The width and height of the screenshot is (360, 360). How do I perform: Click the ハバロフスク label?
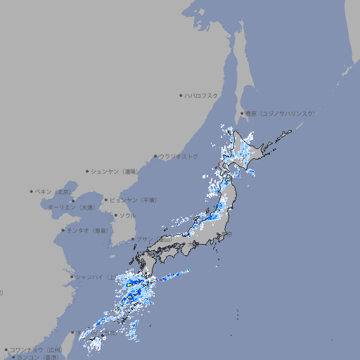click(x=202, y=96)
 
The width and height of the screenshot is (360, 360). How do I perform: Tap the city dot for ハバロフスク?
click(x=181, y=96)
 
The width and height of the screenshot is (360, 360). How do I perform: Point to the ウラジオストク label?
click(x=179, y=156)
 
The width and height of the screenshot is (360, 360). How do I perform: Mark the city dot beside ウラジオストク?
click(x=155, y=157)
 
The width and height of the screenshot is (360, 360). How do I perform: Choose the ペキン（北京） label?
click(x=53, y=191)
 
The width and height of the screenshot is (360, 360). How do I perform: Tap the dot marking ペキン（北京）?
click(x=32, y=191)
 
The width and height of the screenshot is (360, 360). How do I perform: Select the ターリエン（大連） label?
click(x=71, y=207)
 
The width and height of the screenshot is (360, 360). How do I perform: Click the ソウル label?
click(x=127, y=215)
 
